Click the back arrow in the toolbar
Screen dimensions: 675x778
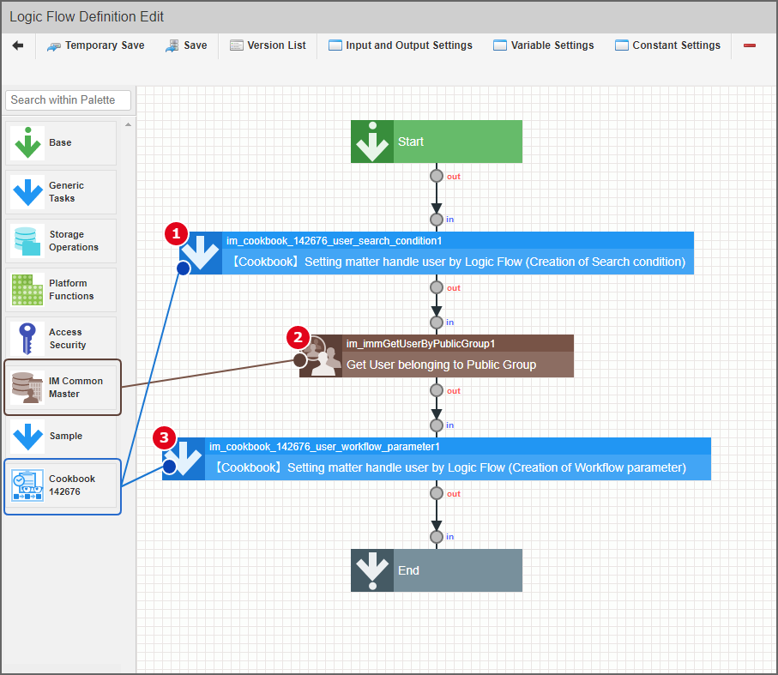(18, 45)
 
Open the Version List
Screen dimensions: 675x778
(268, 45)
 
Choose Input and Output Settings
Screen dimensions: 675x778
(400, 45)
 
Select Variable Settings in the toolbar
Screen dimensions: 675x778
(543, 45)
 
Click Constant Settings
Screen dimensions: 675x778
(667, 45)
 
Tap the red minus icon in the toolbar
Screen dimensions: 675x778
(750, 45)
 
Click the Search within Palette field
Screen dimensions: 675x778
(69, 99)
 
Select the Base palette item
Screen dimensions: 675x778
(61, 142)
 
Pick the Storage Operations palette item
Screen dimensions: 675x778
(61, 240)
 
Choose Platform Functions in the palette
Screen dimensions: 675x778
(61, 289)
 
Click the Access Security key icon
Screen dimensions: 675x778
(27, 338)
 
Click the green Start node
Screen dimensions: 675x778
(437, 142)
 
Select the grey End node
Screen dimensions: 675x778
(437, 570)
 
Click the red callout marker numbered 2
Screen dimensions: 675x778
(298, 336)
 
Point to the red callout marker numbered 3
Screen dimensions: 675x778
(165, 438)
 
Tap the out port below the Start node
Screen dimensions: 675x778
(437, 176)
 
